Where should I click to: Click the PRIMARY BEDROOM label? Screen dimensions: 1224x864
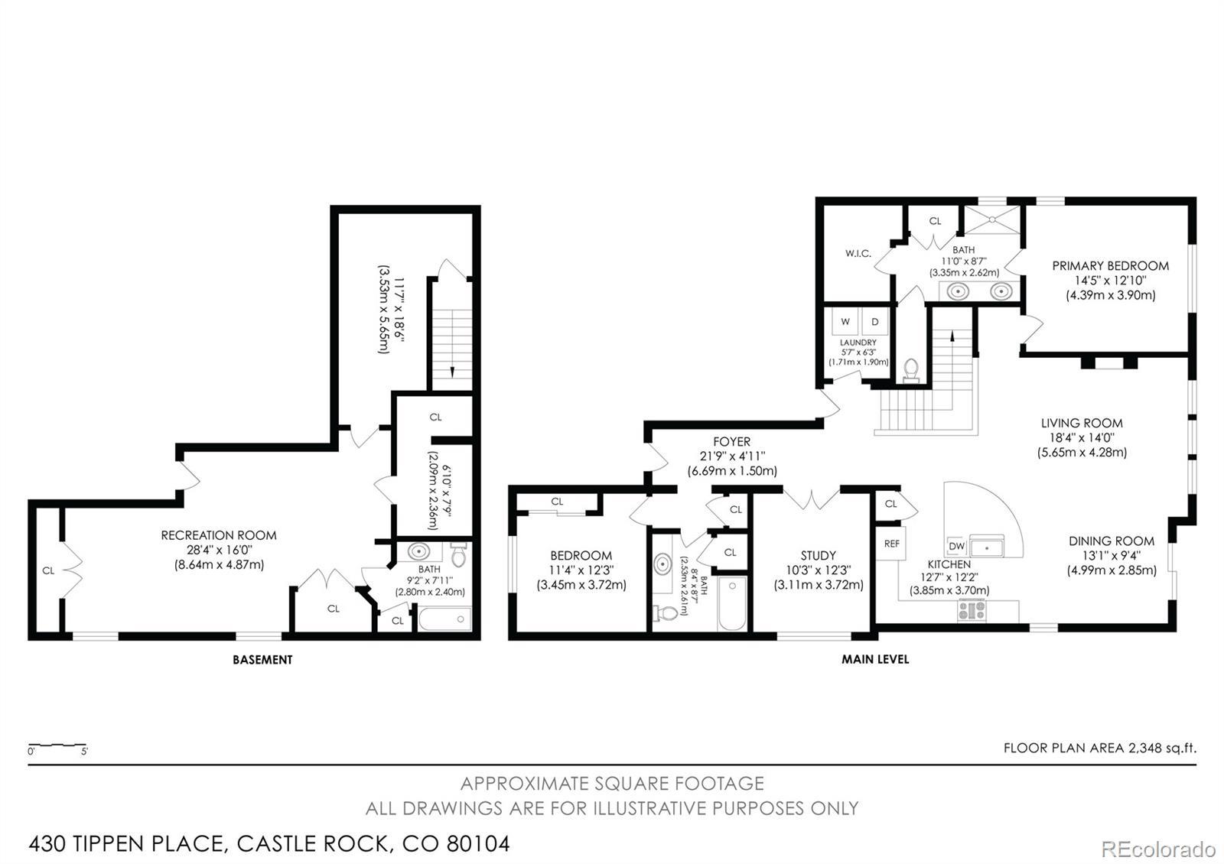tap(1110, 266)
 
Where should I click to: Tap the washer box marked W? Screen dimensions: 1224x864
tap(845, 321)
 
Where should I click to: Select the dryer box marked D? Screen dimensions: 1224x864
tap(875, 321)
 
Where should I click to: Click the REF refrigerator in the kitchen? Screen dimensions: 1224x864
tap(891, 544)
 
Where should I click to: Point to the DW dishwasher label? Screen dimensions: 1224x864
tap(956, 546)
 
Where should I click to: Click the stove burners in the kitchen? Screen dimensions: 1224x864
tap(972, 610)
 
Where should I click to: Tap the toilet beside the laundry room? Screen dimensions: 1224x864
tap(911, 370)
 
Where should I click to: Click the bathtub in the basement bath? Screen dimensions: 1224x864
tap(444, 619)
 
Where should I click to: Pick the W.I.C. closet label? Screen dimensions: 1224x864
tap(858, 253)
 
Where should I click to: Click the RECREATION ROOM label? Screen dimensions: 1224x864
tap(219, 535)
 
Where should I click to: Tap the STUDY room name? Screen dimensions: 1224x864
tap(818, 555)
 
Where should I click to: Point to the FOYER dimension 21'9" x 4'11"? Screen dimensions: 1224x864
tap(732, 456)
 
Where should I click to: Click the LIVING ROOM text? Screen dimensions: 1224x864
tap(1082, 423)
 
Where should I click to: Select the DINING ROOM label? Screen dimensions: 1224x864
tap(1112, 541)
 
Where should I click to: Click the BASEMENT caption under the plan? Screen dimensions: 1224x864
tap(262, 660)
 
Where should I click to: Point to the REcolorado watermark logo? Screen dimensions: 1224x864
tap(1158, 849)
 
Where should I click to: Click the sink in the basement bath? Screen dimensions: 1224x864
tap(418, 551)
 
